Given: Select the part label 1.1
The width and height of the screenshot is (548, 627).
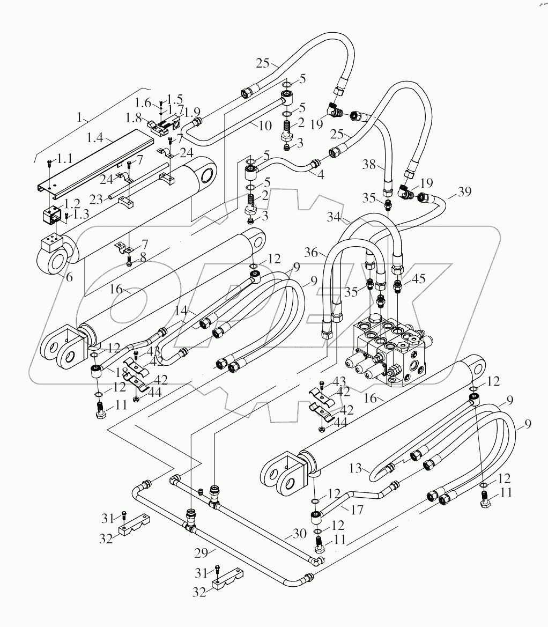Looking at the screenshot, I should click(64, 159).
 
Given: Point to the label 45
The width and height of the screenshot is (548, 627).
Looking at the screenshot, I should click(419, 279).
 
